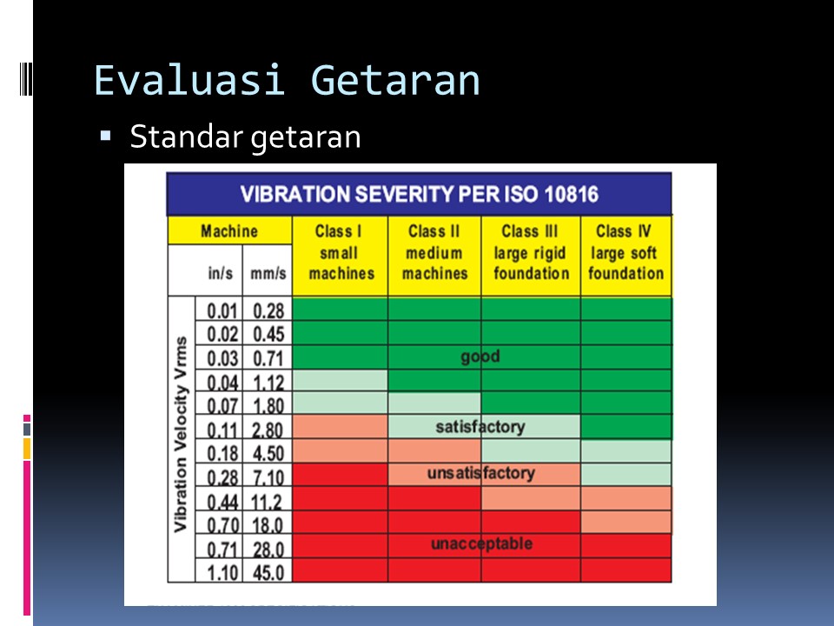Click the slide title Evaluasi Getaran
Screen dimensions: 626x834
287,81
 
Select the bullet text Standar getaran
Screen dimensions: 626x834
245,137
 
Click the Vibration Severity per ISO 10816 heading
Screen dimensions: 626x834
419,193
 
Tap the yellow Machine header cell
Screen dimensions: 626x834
229,231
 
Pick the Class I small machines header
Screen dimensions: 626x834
340,252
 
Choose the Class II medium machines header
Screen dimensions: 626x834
434,252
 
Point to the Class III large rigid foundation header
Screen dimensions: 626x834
531,252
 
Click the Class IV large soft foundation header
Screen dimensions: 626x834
625,252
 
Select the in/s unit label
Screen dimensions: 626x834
220,272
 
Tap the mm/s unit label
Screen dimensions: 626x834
268,272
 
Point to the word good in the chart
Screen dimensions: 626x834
480,356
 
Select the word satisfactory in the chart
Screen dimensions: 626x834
480,427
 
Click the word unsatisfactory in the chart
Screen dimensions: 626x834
480,474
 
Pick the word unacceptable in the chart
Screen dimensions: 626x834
480,544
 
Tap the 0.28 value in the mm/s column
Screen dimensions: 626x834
268,310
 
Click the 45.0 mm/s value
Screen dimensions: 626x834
268,572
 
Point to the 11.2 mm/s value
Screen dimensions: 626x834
268,501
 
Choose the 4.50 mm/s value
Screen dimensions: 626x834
268,453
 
